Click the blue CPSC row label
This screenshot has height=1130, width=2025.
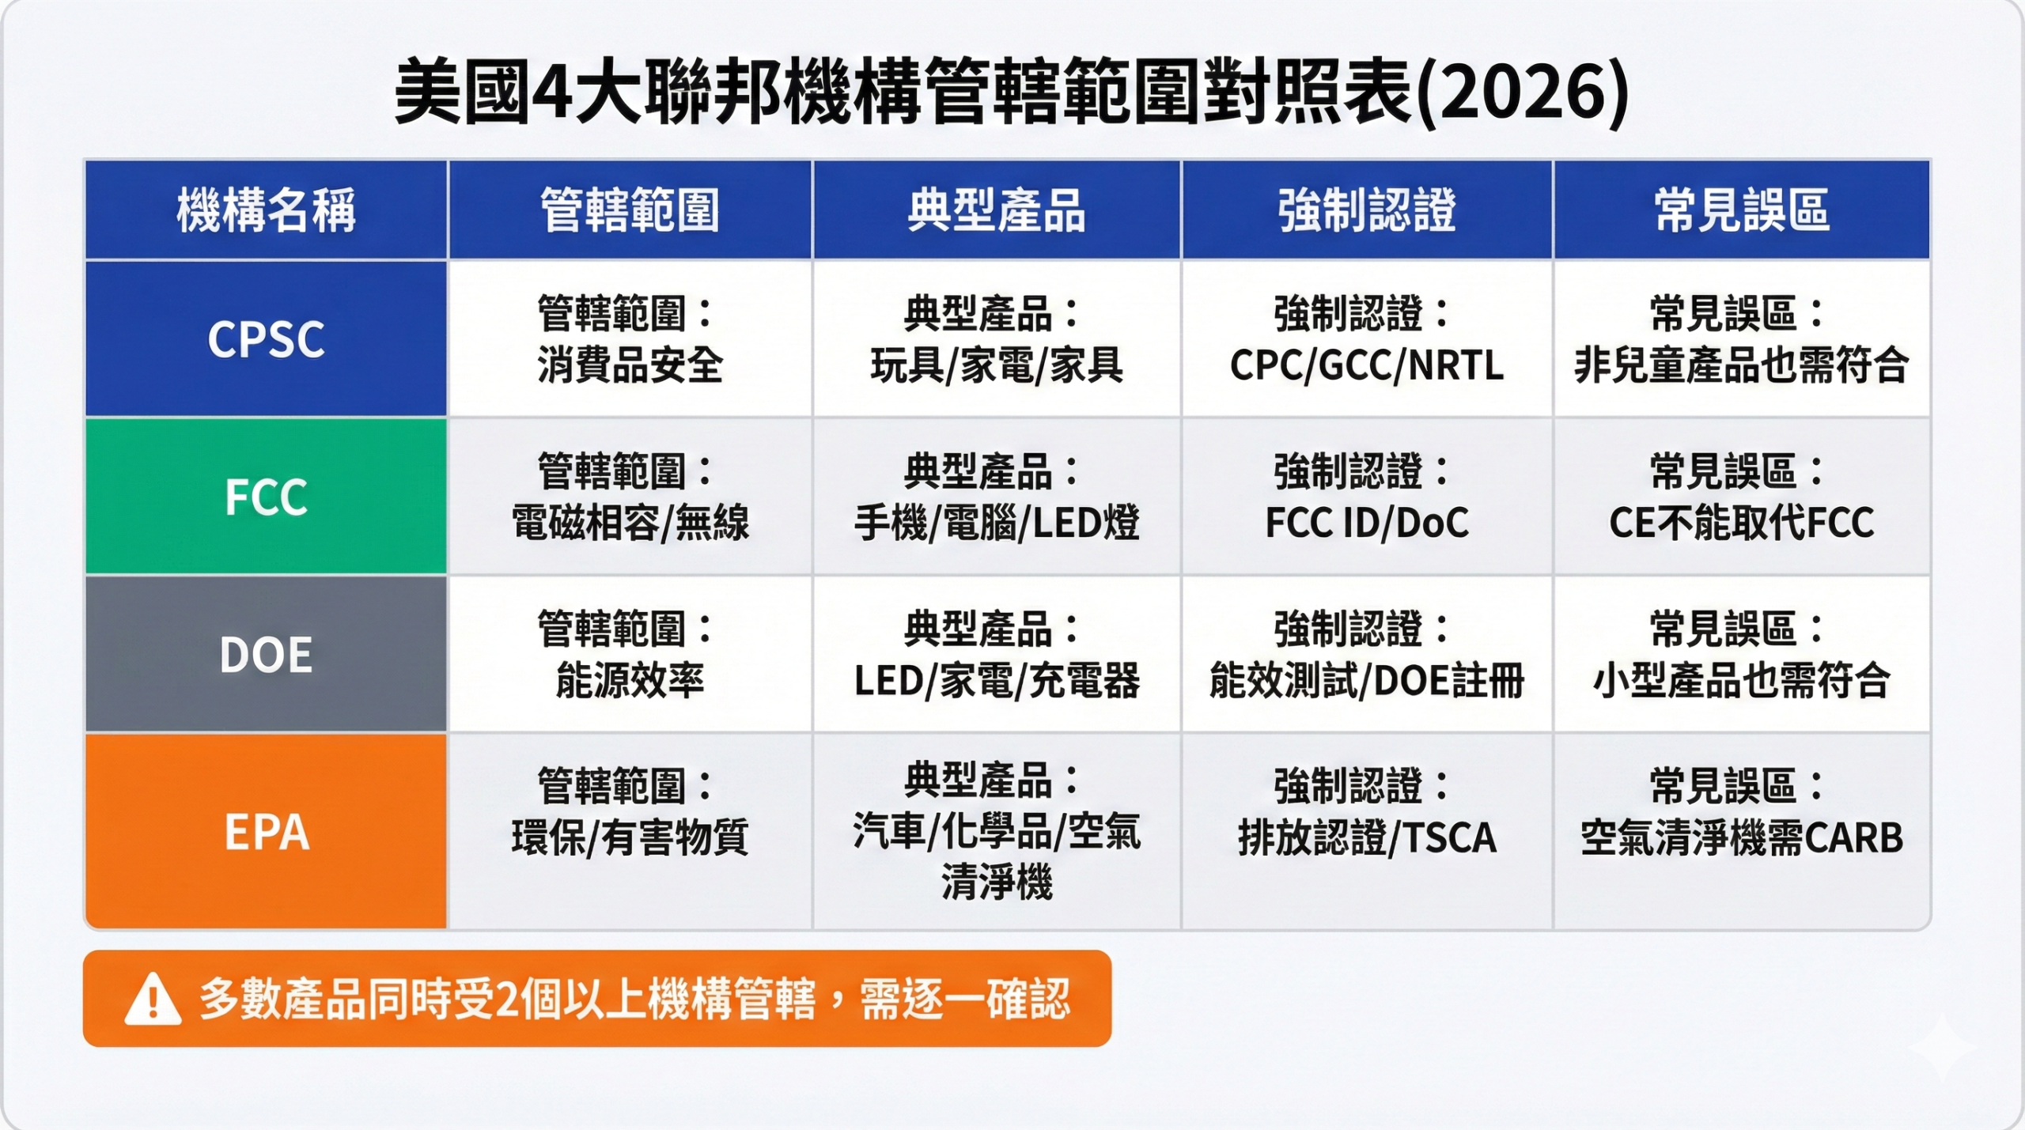[266, 339]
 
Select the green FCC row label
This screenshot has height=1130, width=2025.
[266, 497]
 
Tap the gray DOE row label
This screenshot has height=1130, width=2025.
[266, 655]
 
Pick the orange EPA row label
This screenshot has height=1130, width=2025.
[266, 832]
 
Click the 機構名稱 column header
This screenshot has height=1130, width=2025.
[266, 210]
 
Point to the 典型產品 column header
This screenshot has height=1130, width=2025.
[996, 210]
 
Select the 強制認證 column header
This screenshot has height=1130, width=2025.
[1366, 210]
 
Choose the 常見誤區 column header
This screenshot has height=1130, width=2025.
[1741, 210]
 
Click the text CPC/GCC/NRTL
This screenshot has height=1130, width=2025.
[1366, 365]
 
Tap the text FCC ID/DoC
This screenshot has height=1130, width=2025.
[1366, 523]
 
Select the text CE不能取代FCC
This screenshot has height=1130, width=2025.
[1741, 523]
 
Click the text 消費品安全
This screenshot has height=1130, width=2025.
[630, 365]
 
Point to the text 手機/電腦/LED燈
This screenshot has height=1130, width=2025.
[996, 523]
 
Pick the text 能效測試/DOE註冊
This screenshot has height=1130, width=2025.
[1366, 681]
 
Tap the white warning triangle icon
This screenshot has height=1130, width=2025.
[153, 1000]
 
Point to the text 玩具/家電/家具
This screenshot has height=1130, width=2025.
[996, 365]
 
